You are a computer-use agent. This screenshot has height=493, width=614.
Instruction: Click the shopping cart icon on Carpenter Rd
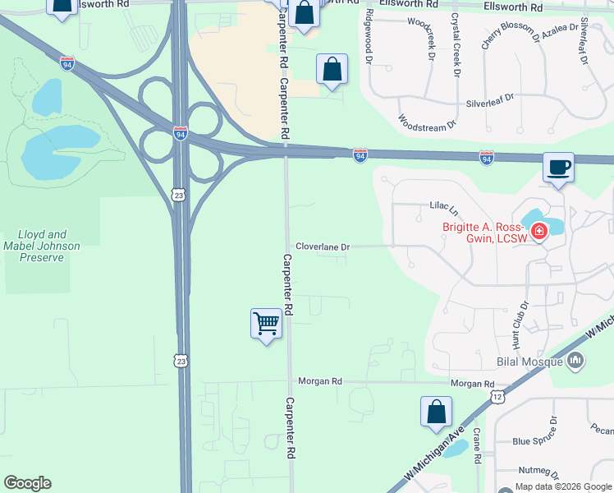[x=266, y=324]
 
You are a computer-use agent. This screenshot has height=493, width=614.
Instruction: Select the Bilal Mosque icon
[x=575, y=360]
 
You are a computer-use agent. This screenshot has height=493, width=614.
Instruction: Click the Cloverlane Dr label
[x=323, y=246]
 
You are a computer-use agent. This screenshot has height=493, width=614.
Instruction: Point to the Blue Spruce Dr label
[x=534, y=441]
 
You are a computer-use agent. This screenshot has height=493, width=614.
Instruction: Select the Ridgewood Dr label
[x=369, y=39]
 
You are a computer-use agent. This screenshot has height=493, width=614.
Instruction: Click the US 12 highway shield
[x=497, y=397]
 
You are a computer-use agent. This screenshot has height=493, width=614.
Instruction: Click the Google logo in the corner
[x=27, y=483]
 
